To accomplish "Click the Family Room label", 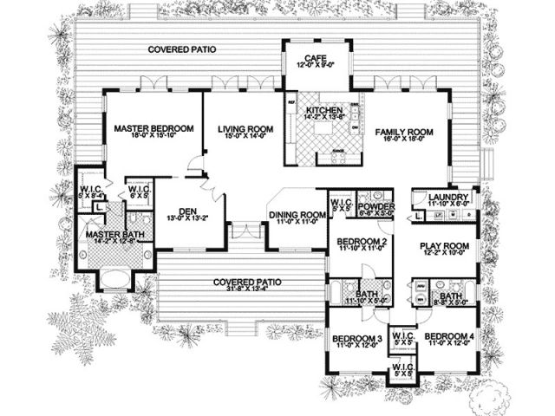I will click(403, 132).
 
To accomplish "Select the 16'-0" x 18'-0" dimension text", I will click(403, 140).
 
